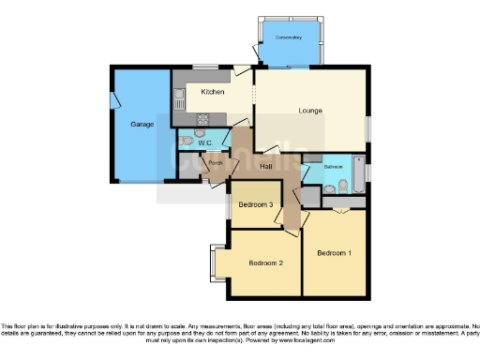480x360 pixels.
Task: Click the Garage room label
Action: [x=142, y=123]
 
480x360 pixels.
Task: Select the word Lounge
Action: [x=310, y=111]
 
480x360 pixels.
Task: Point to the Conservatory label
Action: [x=289, y=37]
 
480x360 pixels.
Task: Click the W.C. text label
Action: [x=205, y=142]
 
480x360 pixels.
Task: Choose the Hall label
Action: [x=266, y=166]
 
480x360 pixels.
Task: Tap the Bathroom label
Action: [x=334, y=166]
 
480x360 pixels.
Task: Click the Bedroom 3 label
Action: [x=255, y=204]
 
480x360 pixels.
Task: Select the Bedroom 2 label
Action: [x=266, y=263]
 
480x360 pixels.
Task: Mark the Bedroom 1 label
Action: [x=334, y=253]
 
